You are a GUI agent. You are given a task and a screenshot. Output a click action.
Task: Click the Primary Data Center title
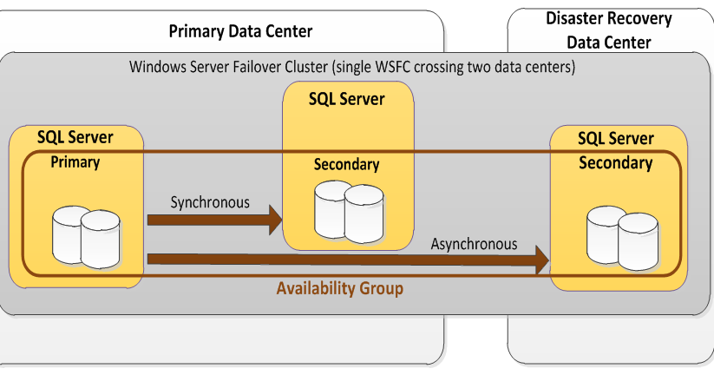pyautogui.click(x=239, y=32)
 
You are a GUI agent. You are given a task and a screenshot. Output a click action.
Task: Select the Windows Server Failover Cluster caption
pyautogui.click(x=351, y=66)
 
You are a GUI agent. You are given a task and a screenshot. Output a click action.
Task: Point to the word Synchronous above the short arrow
pyautogui.click(x=210, y=202)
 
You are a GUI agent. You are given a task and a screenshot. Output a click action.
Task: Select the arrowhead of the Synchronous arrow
pyautogui.click(x=276, y=220)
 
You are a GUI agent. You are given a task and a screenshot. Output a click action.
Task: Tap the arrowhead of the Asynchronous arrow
pyautogui.click(x=542, y=259)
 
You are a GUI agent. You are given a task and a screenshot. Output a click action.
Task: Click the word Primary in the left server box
pyautogui.click(x=75, y=161)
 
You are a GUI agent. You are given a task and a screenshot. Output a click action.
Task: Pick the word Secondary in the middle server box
pyautogui.click(x=346, y=164)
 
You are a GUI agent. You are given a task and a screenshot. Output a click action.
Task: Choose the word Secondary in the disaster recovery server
pyautogui.click(x=615, y=162)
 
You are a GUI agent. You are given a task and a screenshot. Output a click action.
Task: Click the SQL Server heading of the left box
pyautogui.click(x=75, y=137)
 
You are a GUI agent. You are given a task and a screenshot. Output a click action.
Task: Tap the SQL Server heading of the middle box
pyautogui.click(x=346, y=99)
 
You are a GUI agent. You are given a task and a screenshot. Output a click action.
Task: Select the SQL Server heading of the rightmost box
pyautogui.click(x=615, y=139)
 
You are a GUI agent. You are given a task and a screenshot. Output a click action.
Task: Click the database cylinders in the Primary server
pyautogui.click(x=86, y=236)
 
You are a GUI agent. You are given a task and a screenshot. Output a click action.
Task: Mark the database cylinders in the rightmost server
pyautogui.click(x=621, y=236)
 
